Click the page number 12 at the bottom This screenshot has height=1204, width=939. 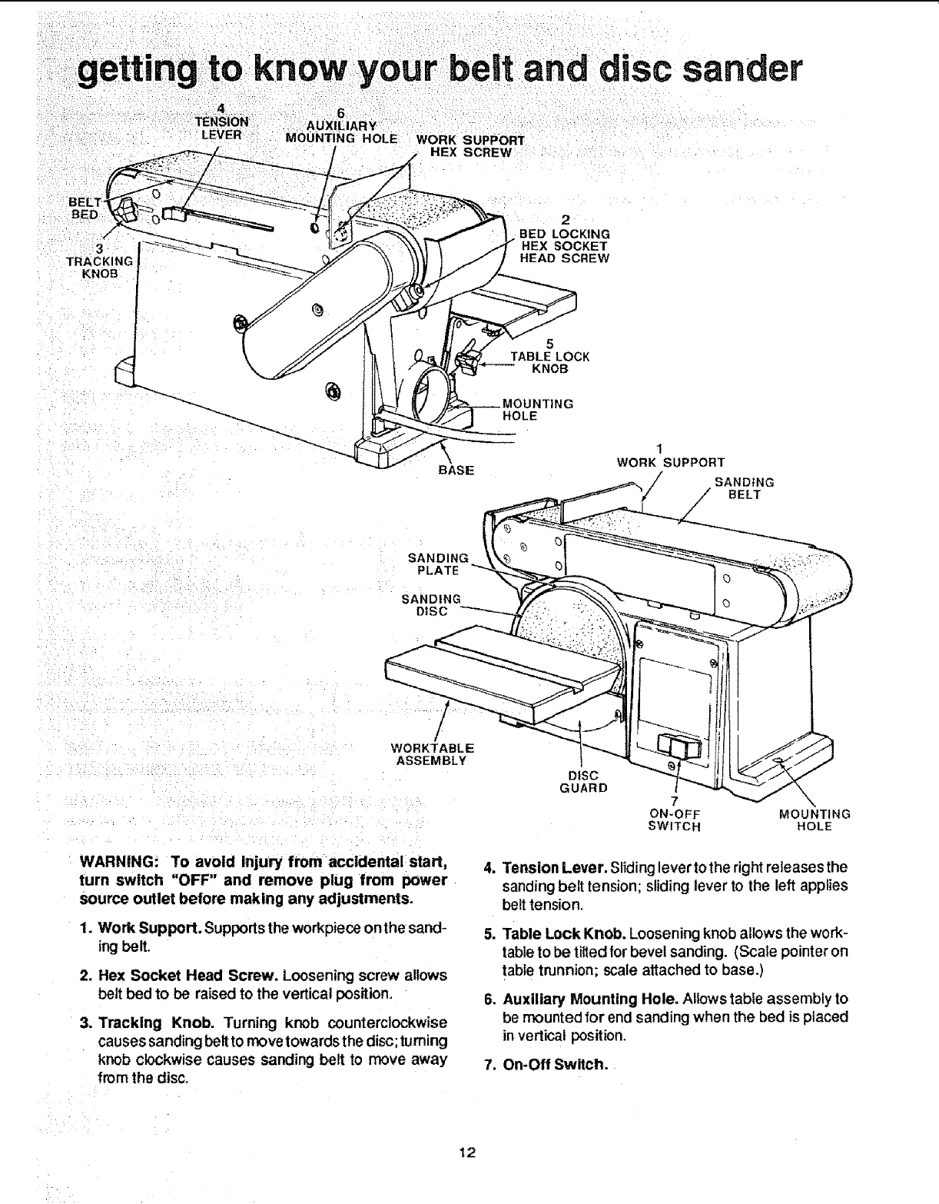[x=467, y=1151]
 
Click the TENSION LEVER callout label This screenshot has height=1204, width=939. [x=221, y=128]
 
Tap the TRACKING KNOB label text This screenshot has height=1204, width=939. [x=100, y=261]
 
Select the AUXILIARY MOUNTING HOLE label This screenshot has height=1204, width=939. [x=340, y=132]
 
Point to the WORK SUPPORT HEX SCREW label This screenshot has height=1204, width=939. [x=469, y=146]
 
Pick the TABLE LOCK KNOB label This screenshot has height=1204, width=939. [x=550, y=362]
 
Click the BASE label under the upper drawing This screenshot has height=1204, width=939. [x=456, y=470]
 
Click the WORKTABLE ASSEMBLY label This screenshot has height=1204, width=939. [x=432, y=754]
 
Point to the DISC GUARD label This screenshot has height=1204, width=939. [x=582, y=781]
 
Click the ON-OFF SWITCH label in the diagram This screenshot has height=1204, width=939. [x=675, y=820]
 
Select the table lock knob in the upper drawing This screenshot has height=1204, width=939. [x=466, y=361]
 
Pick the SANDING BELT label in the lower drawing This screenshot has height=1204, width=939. [x=743, y=488]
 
